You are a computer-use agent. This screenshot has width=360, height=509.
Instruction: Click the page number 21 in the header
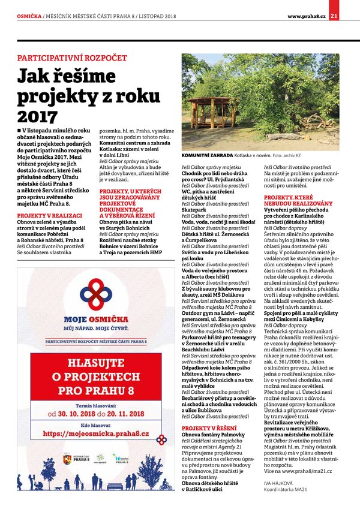point(350,15)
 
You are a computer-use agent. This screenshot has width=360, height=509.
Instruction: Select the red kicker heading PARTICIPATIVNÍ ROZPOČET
point(72,58)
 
